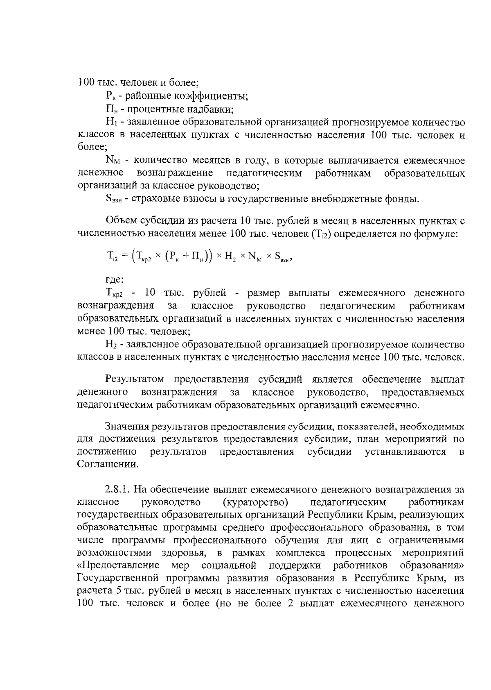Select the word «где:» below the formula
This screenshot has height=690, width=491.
[x=114, y=280]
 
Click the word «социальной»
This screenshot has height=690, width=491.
[x=229, y=565]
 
